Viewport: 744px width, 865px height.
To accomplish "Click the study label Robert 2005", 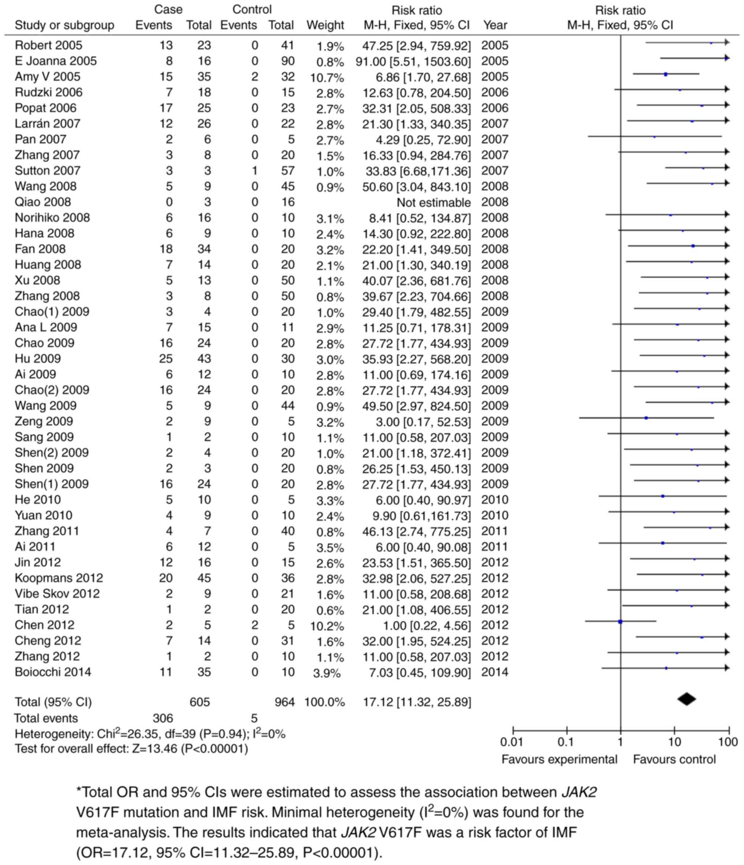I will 48,45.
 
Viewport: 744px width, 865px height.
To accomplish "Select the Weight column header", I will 325,26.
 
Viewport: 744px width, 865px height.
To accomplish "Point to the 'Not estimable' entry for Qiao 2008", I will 433,203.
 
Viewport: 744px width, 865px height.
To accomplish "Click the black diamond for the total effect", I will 687,699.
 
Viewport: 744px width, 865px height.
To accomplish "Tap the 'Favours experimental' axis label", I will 559,759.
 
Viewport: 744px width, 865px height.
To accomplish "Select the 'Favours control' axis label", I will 674,759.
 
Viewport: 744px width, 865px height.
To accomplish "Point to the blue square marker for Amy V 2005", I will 666,74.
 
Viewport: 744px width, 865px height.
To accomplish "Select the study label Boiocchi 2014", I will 53,672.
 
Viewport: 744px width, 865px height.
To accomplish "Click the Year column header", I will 495,26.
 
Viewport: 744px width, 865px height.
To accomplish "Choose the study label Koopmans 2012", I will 59,578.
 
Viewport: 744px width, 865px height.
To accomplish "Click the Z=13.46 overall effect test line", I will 131,749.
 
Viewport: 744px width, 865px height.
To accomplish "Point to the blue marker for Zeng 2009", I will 646,418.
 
